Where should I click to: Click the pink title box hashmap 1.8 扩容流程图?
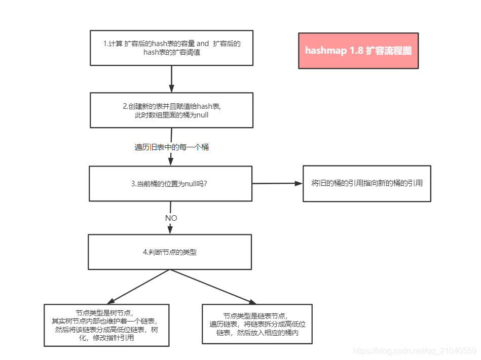tap(358, 51)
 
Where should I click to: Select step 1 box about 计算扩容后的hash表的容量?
tap(171, 48)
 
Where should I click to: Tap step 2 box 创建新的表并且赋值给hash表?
tap(171, 110)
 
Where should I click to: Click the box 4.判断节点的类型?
tap(170, 252)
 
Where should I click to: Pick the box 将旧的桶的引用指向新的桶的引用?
tap(366, 183)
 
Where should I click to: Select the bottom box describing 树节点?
tap(106, 325)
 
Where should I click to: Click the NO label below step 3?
tap(171, 218)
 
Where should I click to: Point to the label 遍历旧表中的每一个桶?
tap(171, 147)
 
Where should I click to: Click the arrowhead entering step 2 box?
tap(172, 88)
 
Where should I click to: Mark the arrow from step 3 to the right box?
tap(277, 183)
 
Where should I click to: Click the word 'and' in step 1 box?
tap(203, 44)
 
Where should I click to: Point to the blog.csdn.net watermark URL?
tap(415, 351)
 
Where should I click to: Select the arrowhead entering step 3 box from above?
tap(171, 161)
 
